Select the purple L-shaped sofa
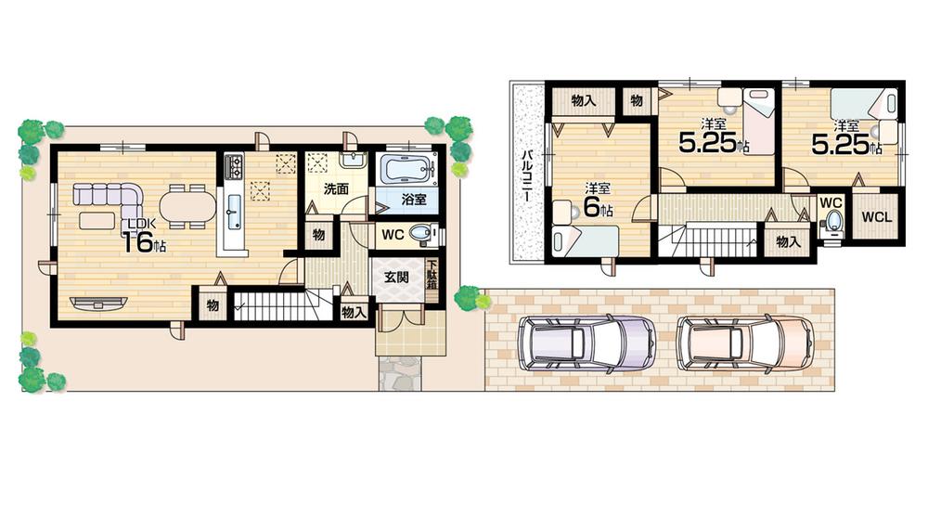click(106, 196)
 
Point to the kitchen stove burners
click(233, 167)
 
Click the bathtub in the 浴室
click(406, 170)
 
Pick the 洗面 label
click(335, 188)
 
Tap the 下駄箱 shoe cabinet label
click(432, 276)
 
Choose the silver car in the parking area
click(585, 343)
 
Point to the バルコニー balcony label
click(524, 175)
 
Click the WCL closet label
click(875, 217)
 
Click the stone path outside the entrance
click(400, 373)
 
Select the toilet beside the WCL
click(832, 219)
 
